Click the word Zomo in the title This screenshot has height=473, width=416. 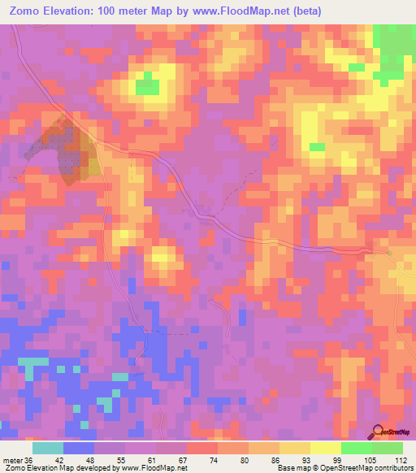pos(25,11)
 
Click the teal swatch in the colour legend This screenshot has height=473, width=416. pos(47,447)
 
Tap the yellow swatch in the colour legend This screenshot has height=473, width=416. pos(325,447)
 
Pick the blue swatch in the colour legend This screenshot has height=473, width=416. pos(78,447)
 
